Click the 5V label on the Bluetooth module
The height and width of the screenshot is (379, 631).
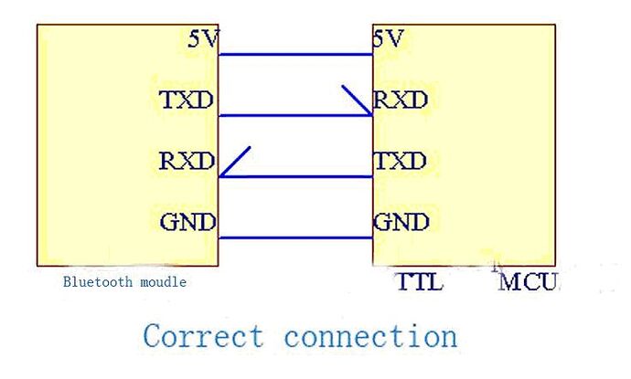tap(203, 39)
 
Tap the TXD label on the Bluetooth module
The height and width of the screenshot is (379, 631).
tap(187, 100)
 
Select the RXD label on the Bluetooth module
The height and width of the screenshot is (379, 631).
tap(187, 162)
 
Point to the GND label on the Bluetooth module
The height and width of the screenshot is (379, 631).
tap(187, 222)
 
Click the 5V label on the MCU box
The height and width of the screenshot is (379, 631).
tap(388, 39)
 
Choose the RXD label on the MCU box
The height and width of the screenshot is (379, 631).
tap(401, 100)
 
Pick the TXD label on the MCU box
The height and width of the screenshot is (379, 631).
tap(401, 162)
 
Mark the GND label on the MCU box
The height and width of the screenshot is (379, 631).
tap(401, 222)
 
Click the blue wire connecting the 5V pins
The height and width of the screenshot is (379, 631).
tap(294, 55)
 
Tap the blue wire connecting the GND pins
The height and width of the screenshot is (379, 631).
tap(294, 237)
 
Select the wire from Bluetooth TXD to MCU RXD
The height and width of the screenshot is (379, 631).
tap(294, 116)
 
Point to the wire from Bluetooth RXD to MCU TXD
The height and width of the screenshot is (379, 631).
tap(294, 177)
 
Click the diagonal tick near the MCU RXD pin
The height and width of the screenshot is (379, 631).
tap(357, 100)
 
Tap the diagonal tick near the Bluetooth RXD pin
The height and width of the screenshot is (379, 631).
tap(235, 162)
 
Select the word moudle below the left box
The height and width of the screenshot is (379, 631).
tap(166, 282)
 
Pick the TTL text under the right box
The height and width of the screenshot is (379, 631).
tap(419, 281)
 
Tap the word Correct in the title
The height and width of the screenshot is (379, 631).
tap(202, 335)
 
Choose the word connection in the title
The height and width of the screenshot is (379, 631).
tap(370, 335)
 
